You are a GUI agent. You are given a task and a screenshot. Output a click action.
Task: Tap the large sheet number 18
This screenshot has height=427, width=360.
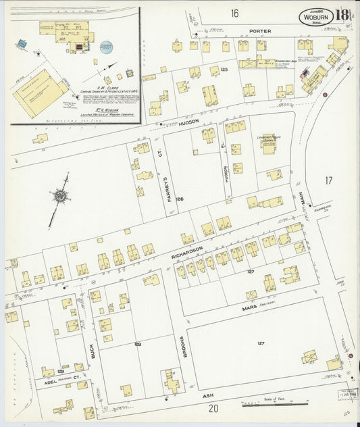343,16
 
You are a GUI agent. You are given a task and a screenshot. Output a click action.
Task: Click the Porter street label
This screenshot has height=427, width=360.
259,31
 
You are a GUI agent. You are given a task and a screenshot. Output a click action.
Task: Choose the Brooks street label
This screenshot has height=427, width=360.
183,345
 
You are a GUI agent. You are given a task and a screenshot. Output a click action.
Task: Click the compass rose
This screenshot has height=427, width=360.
61,196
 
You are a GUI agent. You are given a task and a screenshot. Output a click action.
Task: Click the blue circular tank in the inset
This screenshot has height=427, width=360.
106,47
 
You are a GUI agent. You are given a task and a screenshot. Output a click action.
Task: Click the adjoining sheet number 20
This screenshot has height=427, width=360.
213,408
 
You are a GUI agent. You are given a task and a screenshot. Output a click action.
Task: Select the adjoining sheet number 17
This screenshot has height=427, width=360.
328,180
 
